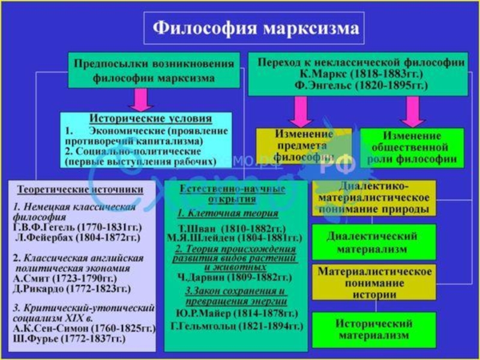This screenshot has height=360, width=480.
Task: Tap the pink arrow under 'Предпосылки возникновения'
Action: (x=142, y=99)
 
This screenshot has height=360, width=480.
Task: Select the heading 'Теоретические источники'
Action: (x=80, y=189)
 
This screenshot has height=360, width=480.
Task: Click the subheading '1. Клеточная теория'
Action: (x=227, y=214)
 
